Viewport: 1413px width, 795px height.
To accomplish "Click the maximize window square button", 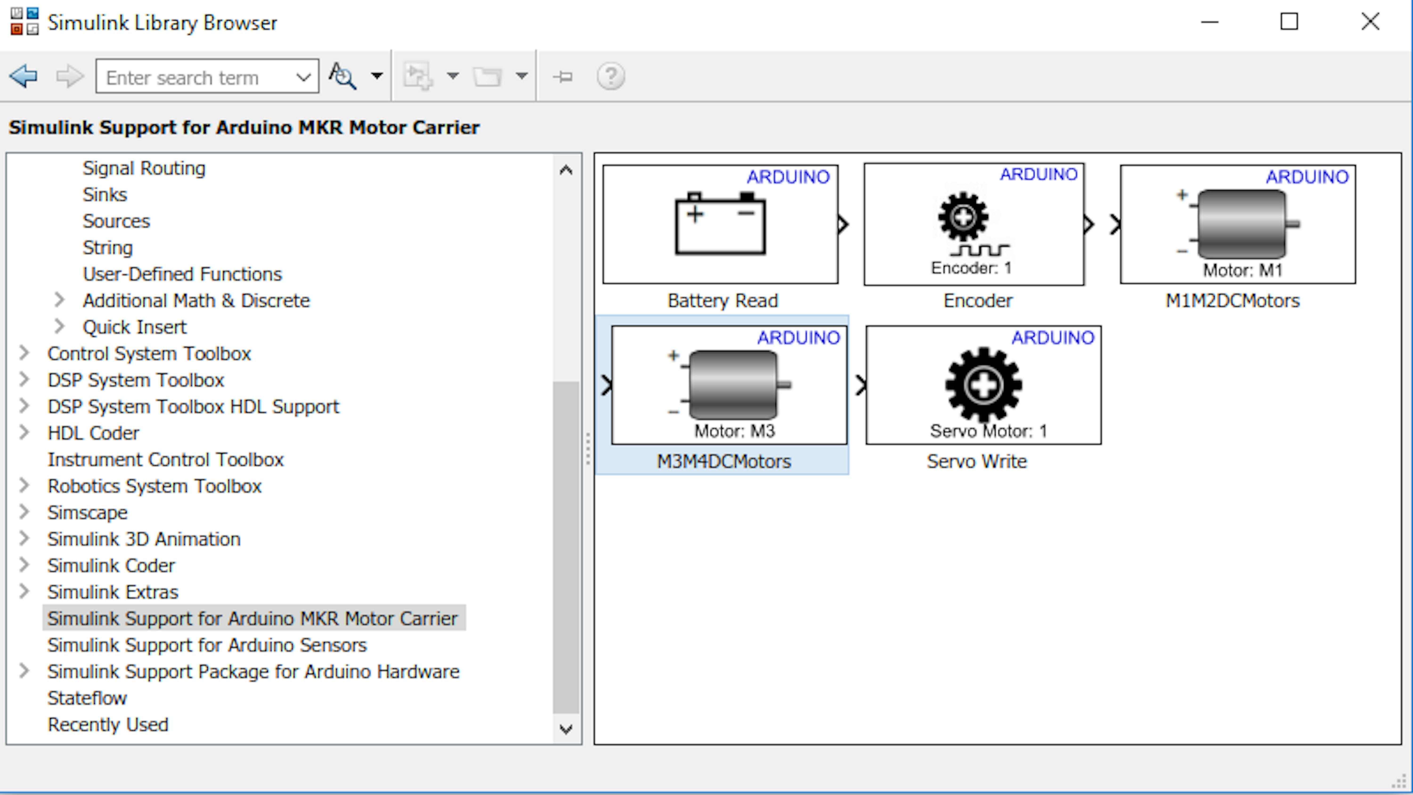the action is click(x=1289, y=22).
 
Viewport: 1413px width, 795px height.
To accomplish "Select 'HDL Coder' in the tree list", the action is click(x=93, y=433).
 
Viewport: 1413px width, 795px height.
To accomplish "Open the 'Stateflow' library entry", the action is click(x=87, y=698).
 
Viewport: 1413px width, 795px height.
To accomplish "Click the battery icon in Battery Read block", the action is click(x=720, y=223).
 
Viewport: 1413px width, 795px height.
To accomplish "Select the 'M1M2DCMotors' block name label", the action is click(x=1233, y=301).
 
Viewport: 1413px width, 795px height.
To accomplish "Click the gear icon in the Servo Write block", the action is click(x=983, y=385).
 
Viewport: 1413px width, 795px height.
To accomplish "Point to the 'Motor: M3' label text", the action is click(x=735, y=431).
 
